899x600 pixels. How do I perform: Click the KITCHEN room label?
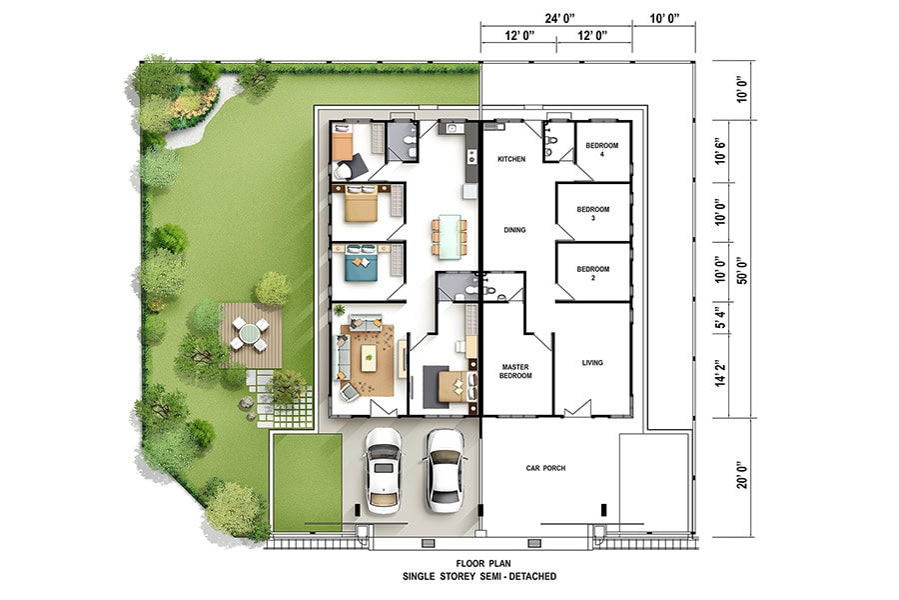511,159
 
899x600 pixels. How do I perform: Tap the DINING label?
514,230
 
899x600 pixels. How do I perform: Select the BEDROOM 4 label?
602,149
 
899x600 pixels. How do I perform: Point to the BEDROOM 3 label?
592,214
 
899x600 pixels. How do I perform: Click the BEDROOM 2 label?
592,273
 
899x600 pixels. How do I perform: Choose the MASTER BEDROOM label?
515,371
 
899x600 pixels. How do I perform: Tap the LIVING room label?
592,362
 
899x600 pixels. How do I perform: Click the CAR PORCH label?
545,468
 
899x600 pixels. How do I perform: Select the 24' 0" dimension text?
559,19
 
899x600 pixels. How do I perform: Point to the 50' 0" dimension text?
742,270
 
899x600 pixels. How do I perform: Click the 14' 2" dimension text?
721,373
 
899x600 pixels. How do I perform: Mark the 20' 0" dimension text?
742,474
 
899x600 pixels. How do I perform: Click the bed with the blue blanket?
361,262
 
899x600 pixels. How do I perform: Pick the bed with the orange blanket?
343,142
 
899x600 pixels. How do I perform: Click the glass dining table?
449,235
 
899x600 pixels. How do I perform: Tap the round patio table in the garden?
250,334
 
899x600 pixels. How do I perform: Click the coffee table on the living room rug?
369,358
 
